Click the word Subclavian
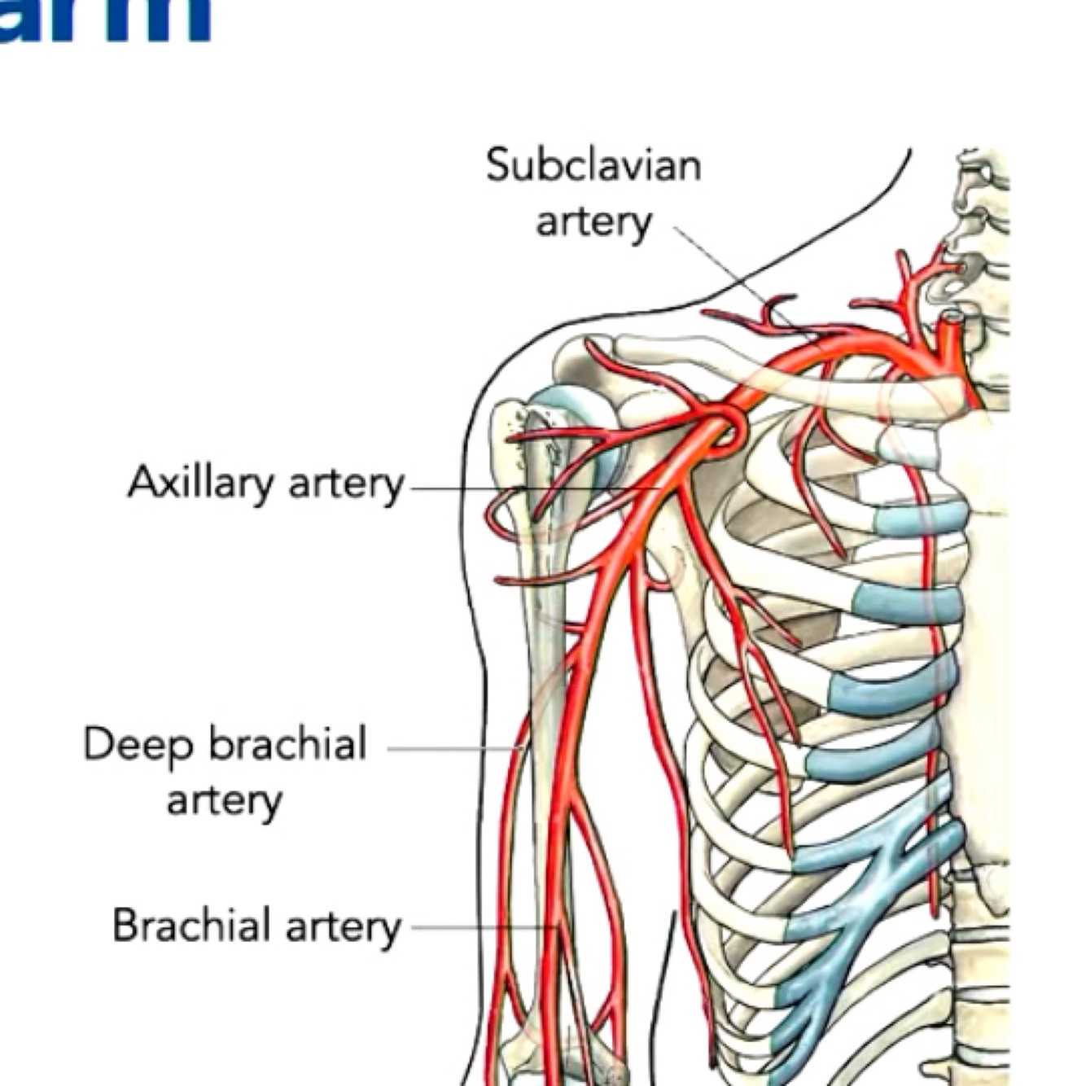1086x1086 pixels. click(593, 165)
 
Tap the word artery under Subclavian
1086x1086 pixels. click(593, 221)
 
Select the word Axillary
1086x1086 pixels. click(200, 483)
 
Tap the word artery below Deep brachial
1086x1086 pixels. click(224, 800)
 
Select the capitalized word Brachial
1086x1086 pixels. click(191, 926)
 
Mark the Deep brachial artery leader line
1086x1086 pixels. click(448, 748)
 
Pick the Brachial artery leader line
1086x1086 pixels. click(480, 926)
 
